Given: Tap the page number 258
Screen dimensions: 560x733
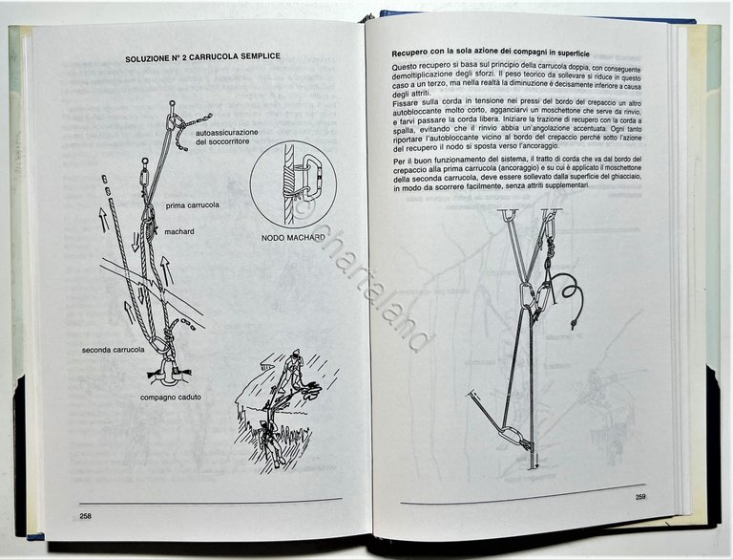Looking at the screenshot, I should pos(86,516).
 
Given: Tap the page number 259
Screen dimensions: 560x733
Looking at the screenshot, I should pos(640,496).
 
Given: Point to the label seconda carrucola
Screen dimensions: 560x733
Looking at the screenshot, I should pos(113,351).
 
